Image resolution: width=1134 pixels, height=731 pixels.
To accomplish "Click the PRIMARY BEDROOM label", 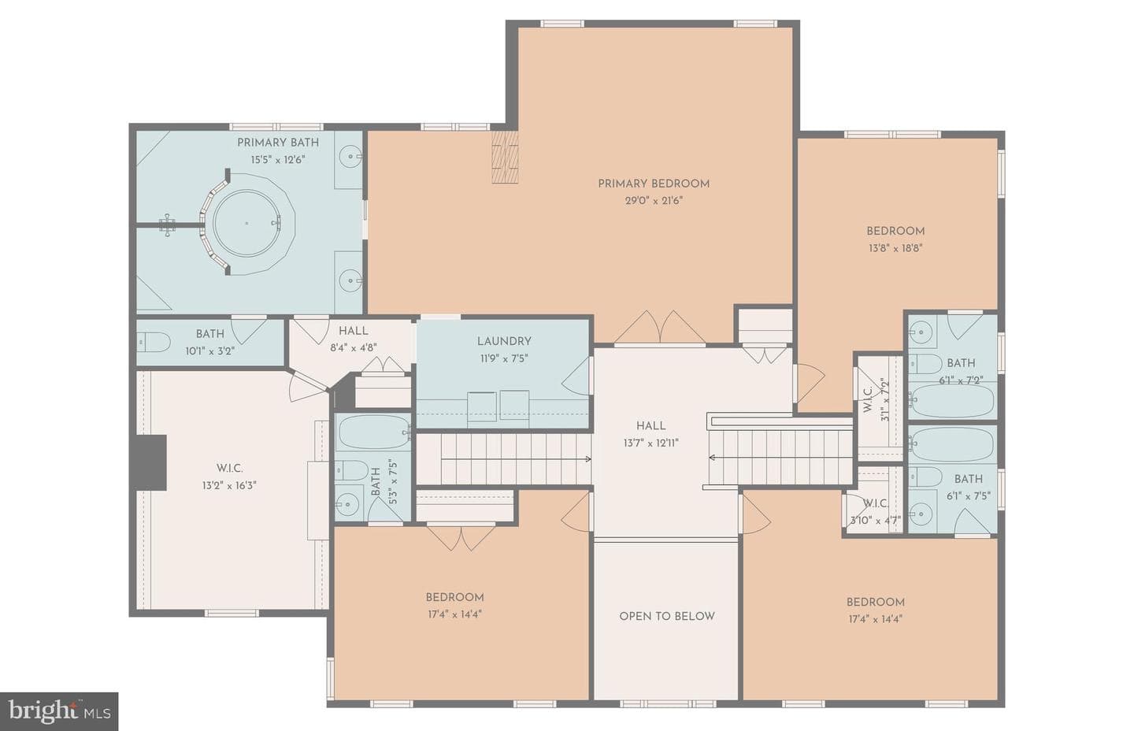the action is [x=654, y=184].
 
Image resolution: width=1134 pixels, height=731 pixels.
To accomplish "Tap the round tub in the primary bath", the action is [x=246, y=223].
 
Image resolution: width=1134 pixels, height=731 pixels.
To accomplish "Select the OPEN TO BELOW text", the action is [x=667, y=616].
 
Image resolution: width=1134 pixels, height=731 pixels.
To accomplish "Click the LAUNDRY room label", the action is [x=504, y=342].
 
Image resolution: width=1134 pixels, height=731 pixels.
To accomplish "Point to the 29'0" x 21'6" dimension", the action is [x=654, y=201].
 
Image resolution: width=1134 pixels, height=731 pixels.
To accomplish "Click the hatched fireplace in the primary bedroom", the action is [x=505, y=157].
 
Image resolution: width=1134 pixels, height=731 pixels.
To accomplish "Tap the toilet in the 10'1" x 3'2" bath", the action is [x=154, y=342].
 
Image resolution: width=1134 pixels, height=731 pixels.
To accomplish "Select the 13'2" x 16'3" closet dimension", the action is [x=229, y=485].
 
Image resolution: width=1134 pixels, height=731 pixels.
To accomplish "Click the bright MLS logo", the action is [x=59, y=712].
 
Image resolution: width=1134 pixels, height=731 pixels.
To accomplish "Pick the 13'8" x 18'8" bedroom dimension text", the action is [x=895, y=249].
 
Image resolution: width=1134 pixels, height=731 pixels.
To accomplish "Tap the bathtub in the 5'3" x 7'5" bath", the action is [x=374, y=432].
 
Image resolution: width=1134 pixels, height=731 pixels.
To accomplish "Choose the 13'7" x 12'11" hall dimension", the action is [x=650, y=443].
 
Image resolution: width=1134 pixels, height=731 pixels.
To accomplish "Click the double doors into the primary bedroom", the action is [x=660, y=327].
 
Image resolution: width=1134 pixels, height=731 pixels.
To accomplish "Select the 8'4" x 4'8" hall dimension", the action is [x=354, y=348].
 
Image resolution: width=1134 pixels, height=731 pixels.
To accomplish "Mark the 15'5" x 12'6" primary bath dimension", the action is [x=278, y=160].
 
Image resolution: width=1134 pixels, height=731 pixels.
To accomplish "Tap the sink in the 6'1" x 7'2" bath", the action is [x=921, y=332].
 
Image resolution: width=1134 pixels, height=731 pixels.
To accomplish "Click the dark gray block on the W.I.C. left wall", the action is [x=150, y=462].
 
